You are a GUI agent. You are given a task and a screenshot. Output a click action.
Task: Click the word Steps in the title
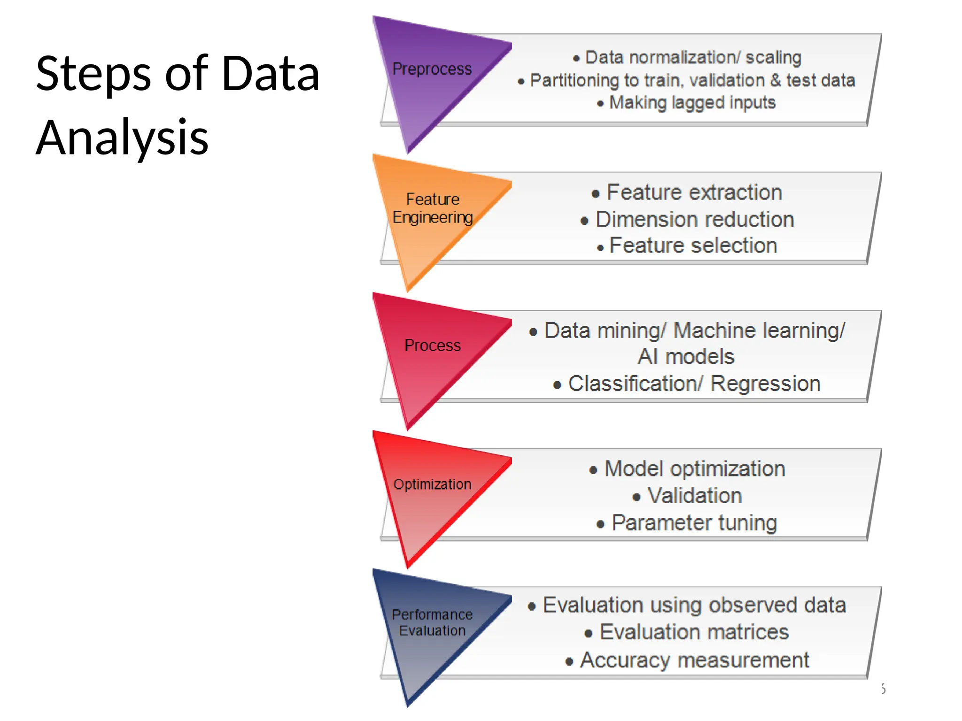93,74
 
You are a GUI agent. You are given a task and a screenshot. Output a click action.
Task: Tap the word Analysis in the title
122,138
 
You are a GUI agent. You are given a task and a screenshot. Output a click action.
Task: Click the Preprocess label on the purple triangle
432,69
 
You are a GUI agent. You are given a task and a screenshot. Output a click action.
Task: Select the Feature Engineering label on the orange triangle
432,208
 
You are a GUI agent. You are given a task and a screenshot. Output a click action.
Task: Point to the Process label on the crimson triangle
432,345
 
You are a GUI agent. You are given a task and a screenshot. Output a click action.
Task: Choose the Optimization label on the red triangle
432,484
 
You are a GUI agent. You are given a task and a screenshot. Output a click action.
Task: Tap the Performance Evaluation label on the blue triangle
432,622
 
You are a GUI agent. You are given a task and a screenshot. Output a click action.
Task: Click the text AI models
686,357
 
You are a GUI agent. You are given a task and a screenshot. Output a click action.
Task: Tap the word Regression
765,384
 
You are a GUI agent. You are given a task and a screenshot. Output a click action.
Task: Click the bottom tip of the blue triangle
408,705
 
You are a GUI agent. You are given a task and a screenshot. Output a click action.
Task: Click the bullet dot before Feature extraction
596,194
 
